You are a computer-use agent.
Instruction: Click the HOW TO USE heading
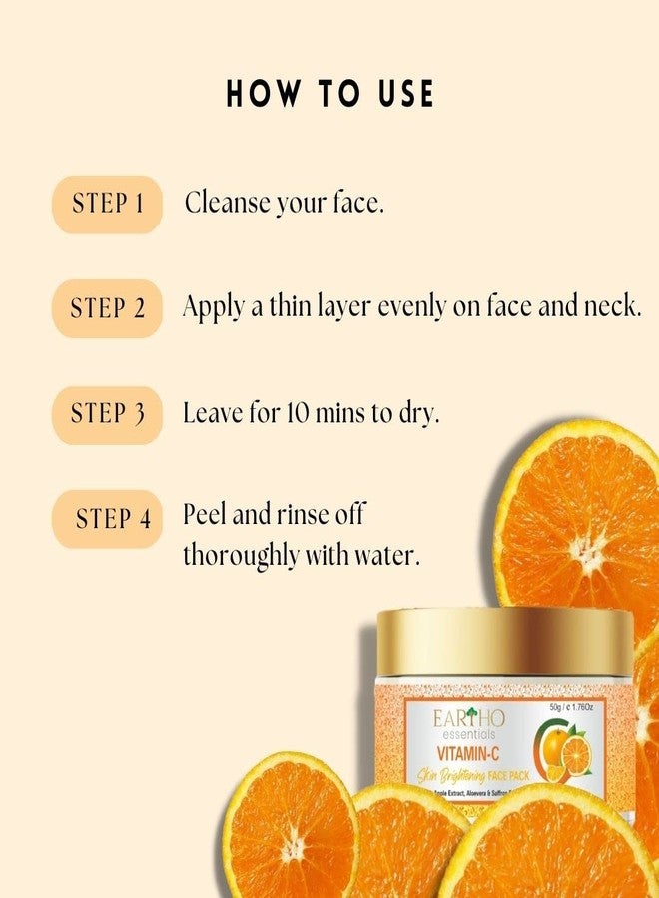pyautogui.click(x=329, y=94)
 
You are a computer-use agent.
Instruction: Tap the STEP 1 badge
pyautogui.click(x=108, y=205)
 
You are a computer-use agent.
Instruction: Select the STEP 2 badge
pyautogui.click(x=108, y=308)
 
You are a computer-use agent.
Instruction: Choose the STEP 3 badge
pyautogui.click(x=108, y=414)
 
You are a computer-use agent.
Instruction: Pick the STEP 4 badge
pyautogui.click(x=108, y=519)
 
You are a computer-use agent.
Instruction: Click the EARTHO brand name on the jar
pyautogui.click(x=469, y=719)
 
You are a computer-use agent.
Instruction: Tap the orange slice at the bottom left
pyautogui.click(x=290, y=828)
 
